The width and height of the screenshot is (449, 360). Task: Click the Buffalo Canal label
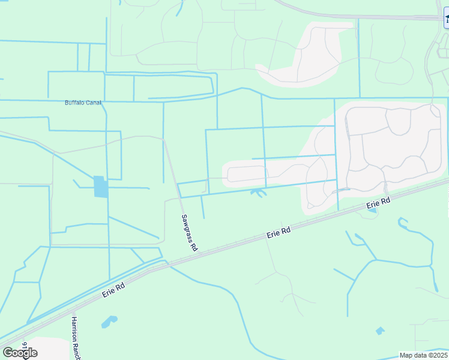83,103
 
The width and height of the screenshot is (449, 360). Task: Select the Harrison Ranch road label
76,337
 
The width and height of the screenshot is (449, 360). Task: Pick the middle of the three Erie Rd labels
279,233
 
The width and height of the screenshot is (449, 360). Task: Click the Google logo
20,353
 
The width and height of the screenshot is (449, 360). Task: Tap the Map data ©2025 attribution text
424,355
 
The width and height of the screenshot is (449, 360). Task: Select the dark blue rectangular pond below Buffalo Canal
101,187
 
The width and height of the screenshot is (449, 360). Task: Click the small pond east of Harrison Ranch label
108,323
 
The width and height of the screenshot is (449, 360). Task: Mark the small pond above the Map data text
379,330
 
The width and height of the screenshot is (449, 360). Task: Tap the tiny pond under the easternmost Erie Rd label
373,210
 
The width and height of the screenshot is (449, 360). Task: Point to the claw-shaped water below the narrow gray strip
258,193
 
